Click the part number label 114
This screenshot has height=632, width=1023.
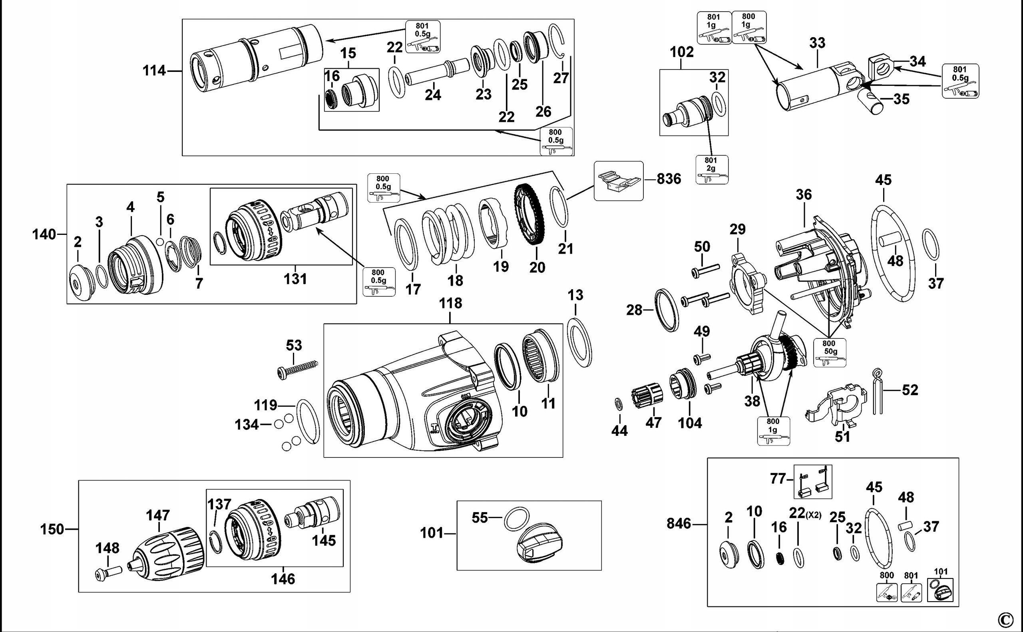(x=154, y=71)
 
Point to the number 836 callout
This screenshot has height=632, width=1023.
(x=669, y=179)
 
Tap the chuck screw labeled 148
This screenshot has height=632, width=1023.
(x=108, y=572)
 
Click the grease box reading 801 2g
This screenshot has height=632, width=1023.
(x=712, y=169)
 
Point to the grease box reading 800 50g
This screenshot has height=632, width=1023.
(x=830, y=352)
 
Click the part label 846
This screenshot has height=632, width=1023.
(x=679, y=523)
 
